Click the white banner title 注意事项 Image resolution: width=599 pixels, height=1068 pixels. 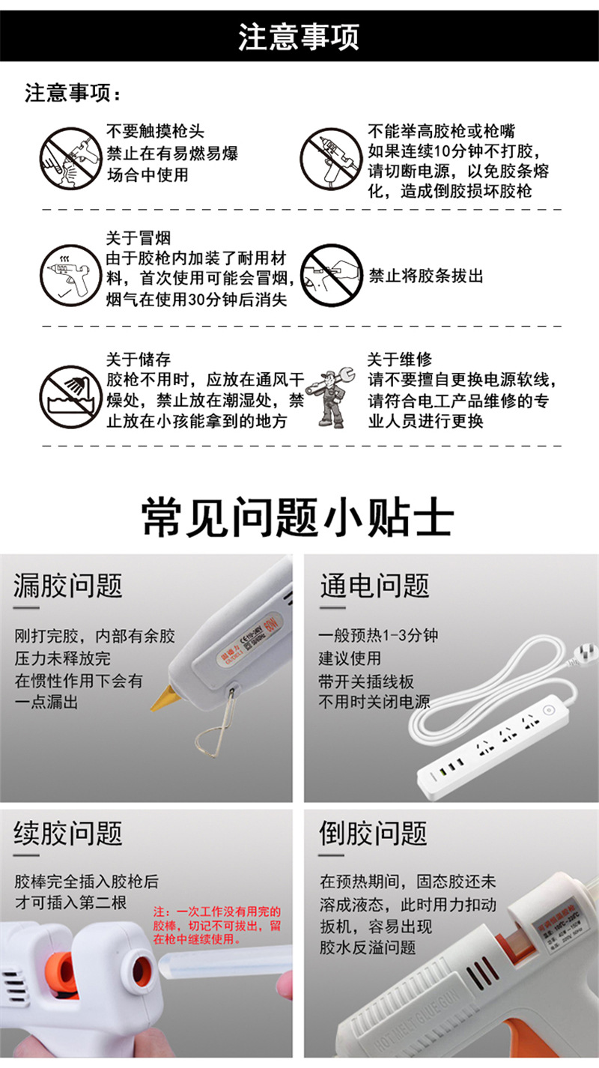[x=299, y=37]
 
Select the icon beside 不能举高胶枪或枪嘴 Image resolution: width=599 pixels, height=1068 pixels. [x=330, y=158]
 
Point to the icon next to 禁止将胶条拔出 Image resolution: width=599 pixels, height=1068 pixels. [x=330, y=275]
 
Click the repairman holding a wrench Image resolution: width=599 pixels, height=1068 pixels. [x=333, y=398]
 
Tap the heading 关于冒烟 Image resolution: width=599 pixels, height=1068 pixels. [x=138, y=238]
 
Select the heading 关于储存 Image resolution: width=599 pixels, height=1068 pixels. [x=138, y=360]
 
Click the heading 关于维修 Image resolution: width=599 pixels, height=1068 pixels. [x=399, y=360]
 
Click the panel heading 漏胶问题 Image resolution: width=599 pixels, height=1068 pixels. [x=68, y=586]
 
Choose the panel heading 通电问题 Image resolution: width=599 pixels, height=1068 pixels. [x=374, y=586]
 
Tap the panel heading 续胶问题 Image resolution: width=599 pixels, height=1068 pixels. [x=68, y=833]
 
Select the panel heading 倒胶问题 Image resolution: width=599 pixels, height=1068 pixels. [x=374, y=833]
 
